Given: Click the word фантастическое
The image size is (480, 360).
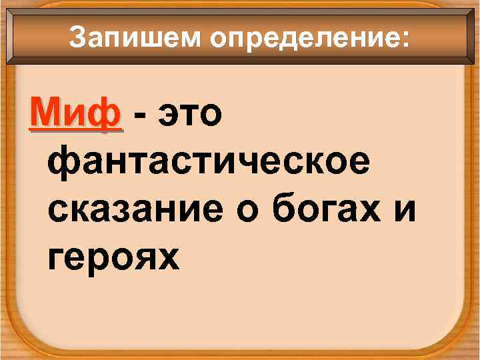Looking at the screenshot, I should (207, 163).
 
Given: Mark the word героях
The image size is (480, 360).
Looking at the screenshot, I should (114, 257).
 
